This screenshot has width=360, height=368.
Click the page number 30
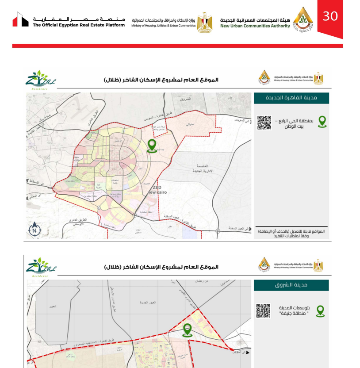[x=330, y=16]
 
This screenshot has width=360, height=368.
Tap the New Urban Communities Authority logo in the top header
[x=303, y=18]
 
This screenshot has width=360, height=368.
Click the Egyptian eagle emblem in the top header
[x=204, y=21]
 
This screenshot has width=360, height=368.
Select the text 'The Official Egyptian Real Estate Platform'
[x=79, y=25]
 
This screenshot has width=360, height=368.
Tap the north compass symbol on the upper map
[x=34, y=230]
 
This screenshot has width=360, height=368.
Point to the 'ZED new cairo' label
[x=157, y=190]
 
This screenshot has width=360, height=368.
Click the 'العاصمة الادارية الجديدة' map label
[x=204, y=168]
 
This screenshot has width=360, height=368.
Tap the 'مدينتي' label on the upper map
[x=190, y=125]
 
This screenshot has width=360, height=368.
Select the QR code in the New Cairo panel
[x=264, y=123]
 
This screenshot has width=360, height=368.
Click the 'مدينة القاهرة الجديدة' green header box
[x=291, y=98]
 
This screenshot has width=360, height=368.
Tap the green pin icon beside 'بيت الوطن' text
[x=322, y=122]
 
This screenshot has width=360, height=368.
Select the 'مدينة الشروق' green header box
[x=291, y=285]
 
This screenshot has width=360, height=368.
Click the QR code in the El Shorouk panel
[x=263, y=310]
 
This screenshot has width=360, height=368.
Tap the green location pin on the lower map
[x=187, y=330]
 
